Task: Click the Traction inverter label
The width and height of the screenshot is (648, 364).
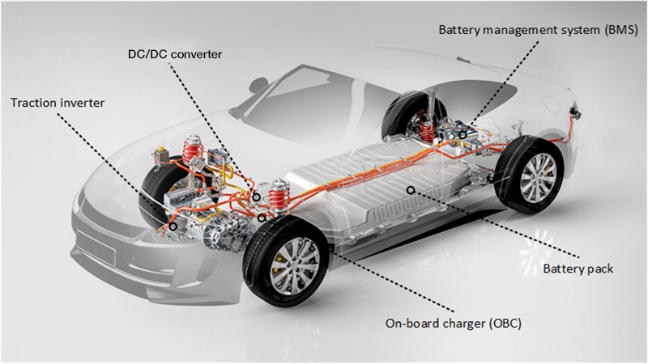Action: pyautogui.click(x=57, y=104)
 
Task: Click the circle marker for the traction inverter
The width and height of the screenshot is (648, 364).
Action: pyautogui.click(x=173, y=226)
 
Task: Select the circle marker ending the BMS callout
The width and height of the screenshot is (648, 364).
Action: pyautogui.click(x=462, y=134)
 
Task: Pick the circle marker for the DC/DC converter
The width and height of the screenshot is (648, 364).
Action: pyautogui.click(x=255, y=197)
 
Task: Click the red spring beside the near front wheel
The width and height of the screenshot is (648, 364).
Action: pyautogui.click(x=278, y=198)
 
